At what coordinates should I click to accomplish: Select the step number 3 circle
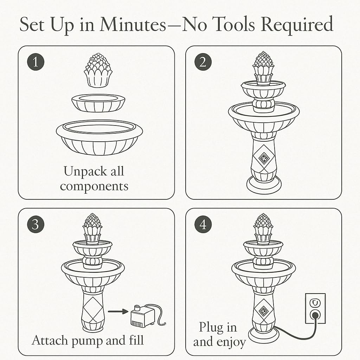coord(36,224)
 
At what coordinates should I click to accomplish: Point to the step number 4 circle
coord(203,224)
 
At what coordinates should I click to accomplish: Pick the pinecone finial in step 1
coord(98,71)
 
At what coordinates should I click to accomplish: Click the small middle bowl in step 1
coord(98,103)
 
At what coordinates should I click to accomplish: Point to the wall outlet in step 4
coord(315,308)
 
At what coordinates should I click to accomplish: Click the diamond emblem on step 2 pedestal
coord(264,158)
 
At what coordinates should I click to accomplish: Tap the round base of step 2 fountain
coord(264,185)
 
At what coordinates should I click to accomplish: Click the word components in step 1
coord(94,186)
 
